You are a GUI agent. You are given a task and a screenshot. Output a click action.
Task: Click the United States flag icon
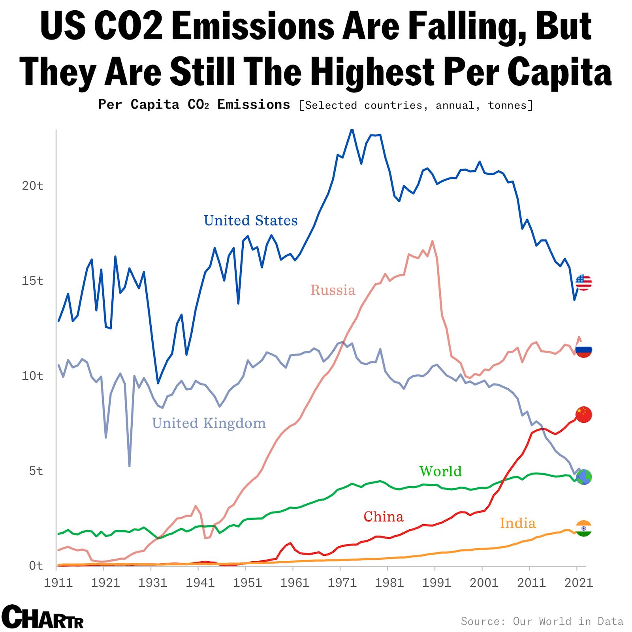(583, 283)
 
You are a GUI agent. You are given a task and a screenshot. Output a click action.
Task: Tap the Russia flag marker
(583, 350)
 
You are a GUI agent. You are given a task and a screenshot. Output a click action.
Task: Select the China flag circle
(583, 414)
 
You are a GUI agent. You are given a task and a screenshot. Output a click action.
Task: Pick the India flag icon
(583, 529)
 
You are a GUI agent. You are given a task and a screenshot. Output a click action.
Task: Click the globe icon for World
(584, 477)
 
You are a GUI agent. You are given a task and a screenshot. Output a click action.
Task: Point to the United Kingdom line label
(209, 423)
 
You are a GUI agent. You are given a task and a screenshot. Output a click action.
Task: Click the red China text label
(383, 516)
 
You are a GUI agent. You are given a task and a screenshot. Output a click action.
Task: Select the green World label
(440, 471)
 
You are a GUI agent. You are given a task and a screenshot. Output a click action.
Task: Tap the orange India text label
(517, 523)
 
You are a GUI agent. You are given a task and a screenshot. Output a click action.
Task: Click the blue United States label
(250, 220)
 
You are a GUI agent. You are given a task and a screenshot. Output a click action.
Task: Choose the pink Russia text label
(333, 290)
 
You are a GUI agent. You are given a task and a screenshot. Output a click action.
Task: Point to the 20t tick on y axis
(32, 186)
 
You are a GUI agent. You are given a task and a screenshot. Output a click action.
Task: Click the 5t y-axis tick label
(36, 471)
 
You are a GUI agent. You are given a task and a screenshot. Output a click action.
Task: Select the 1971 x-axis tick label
(340, 583)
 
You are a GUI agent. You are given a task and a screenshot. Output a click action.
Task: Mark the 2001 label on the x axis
(482, 583)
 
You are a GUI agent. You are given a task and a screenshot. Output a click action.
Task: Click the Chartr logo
(43, 617)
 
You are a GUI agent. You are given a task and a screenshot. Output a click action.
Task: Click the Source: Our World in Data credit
(542, 621)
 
